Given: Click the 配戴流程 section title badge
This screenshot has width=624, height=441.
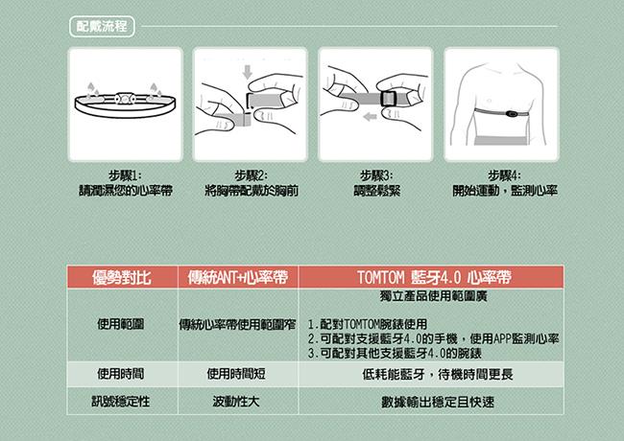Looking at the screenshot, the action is point(102,27).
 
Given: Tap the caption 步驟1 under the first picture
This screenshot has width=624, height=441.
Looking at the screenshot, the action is point(125,175).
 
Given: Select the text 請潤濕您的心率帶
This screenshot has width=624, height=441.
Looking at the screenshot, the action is point(126,191).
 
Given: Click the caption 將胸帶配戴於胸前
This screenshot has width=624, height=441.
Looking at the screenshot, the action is point(252,191).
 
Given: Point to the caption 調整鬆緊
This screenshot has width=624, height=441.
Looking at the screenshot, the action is point(377,191).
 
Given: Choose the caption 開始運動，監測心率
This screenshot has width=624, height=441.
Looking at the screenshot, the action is point(505,191).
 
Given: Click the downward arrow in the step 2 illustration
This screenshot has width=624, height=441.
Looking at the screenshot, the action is point(248,72).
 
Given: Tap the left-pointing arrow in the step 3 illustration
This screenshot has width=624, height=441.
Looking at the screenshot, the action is point(371,117).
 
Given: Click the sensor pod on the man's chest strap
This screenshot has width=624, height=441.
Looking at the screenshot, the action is point(512,114).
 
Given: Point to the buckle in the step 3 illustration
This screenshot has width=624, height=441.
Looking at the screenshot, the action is point(388,99).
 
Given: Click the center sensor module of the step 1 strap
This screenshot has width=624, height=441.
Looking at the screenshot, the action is point(125,99).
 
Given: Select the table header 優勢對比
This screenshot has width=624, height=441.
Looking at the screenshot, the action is point(121,277).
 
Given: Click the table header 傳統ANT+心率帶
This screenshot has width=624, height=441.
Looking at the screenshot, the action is point(237,277).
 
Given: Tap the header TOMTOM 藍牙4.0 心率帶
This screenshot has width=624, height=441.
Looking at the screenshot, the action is point(434,277).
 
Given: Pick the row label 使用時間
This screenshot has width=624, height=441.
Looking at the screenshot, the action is point(121,374).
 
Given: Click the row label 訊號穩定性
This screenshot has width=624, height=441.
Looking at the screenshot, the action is point(121,402).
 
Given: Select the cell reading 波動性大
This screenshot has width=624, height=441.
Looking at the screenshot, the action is point(236,402).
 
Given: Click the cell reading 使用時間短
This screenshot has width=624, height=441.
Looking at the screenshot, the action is point(236,374).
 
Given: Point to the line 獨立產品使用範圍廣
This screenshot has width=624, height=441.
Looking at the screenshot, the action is point(433,296).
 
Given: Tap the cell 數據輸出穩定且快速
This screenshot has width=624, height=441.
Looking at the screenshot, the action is point(438,402).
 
